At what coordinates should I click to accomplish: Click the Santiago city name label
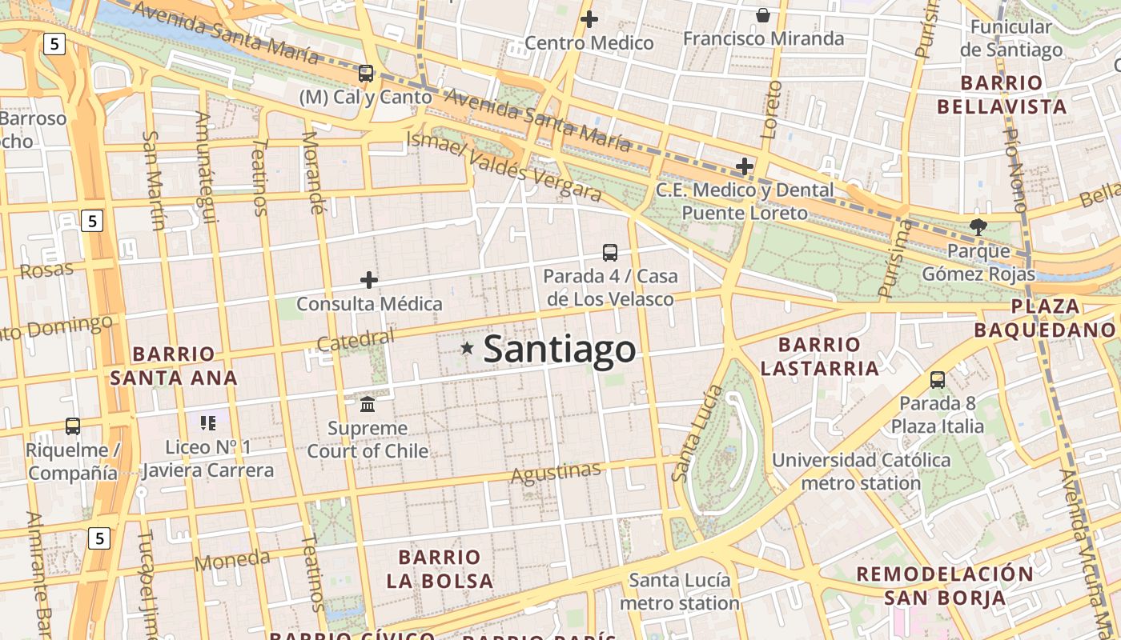(560, 350)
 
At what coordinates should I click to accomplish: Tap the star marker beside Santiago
(467, 348)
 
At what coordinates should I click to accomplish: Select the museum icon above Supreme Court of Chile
(368, 403)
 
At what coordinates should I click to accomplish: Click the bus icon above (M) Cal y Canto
(366, 74)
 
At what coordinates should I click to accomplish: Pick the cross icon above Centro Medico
(589, 19)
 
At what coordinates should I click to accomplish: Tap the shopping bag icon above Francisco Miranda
(763, 15)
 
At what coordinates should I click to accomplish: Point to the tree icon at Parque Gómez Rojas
(978, 226)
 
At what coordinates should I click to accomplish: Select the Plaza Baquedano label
(1044, 318)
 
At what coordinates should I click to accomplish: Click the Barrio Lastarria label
(819, 356)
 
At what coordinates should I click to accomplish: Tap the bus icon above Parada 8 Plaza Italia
(938, 379)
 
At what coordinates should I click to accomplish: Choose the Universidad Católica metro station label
(861, 471)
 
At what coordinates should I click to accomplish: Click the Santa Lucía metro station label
(679, 591)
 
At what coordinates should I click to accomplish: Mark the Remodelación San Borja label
(945, 585)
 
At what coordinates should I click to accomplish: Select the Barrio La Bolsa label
(440, 569)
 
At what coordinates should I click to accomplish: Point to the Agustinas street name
(556, 473)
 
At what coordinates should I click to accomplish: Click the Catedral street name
(356, 340)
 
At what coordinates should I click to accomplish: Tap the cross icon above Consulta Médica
(369, 280)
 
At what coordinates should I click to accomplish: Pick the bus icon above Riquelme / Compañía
(73, 426)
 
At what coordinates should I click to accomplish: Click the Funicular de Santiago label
(1016, 38)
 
